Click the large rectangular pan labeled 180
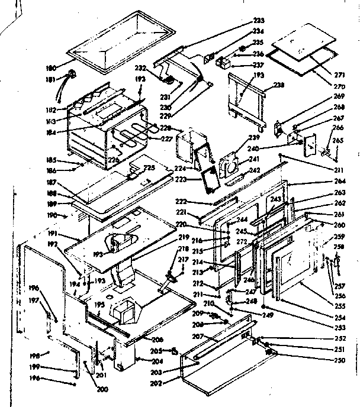pos(118,35)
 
